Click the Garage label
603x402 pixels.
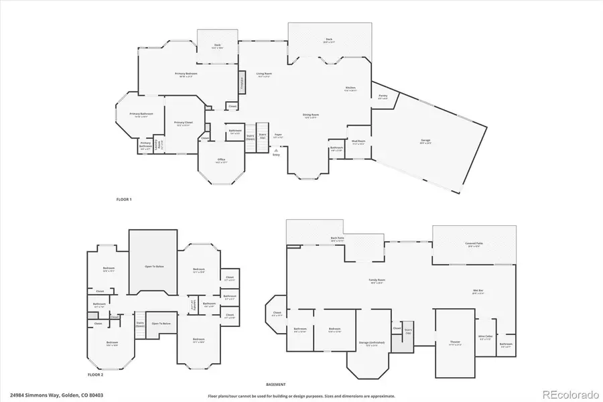(x=425, y=141)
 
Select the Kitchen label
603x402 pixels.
(x=350, y=88)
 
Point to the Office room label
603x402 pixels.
(x=221, y=160)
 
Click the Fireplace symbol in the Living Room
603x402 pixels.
(x=242, y=81)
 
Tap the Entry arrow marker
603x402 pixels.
(x=275, y=152)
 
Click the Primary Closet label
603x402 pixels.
(x=183, y=123)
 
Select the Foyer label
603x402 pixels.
(x=278, y=135)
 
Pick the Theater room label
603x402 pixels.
(x=455, y=343)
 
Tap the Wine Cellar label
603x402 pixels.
(x=486, y=338)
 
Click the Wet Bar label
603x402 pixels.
(x=478, y=291)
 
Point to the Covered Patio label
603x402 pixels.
(x=474, y=245)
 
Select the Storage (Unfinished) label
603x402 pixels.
(x=371, y=344)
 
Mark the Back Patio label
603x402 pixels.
(x=337, y=239)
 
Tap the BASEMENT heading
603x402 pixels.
(x=276, y=385)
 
